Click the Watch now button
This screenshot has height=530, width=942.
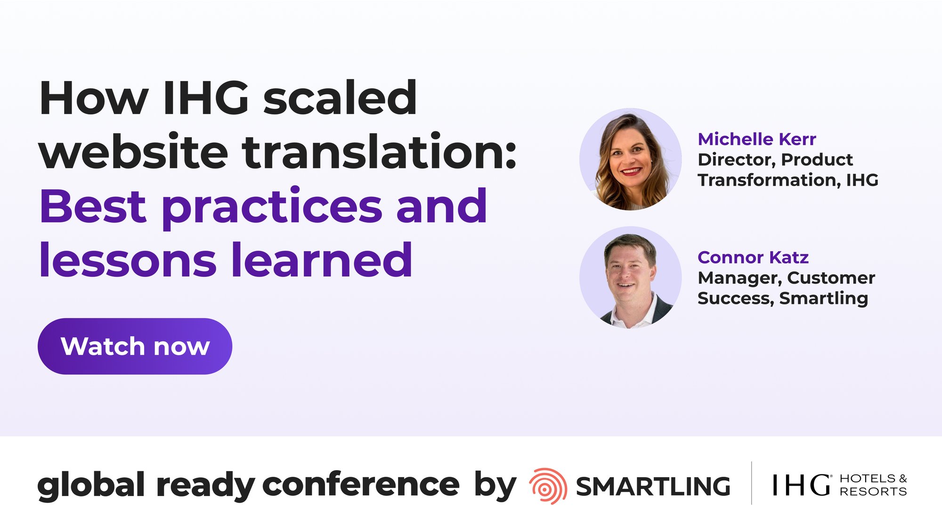point(135,346)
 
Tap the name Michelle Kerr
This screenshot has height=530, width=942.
point(756,139)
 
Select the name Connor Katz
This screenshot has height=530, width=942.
point(753,257)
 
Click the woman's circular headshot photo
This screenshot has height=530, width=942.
point(630,159)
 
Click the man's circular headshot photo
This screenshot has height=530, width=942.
point(630,277)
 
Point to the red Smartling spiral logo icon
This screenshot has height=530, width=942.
point(548,486)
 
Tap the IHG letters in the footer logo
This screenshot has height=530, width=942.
point(801,485)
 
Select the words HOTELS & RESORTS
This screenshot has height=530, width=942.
point(873,485)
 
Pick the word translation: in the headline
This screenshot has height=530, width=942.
point(380,152)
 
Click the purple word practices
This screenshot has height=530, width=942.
point(272,207)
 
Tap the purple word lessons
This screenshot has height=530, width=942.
point(128,260)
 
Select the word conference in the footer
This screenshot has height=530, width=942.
point(360,485)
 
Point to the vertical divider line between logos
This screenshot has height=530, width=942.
point(751,483)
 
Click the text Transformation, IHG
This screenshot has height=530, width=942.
point(788,180)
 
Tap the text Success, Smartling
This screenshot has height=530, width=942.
point(782,298)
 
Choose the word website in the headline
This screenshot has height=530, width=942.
point(134,152)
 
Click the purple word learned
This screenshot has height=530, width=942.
point(322,260)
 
